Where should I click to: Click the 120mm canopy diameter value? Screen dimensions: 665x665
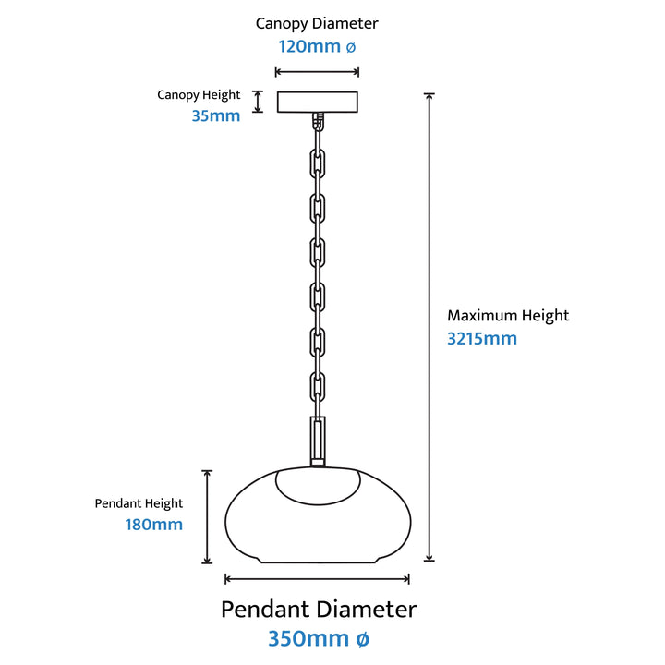(317, 47)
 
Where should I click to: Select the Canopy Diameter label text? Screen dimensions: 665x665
(317, 24)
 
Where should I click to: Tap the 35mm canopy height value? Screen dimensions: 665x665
(216, 115)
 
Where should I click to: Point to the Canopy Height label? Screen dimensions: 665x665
(199, 94)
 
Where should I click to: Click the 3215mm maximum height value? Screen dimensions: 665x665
(482, 338)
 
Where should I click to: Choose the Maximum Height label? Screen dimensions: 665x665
(508, 316)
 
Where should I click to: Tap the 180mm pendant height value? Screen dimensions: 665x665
(154, 525)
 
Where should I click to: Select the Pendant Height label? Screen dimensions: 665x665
(139, 503)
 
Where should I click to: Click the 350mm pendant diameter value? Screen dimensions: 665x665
(319, 638)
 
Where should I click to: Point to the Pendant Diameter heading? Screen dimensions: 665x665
(319, 610)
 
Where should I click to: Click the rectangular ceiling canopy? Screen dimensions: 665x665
(317, 102)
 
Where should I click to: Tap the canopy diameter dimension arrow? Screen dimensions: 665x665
(317, 72)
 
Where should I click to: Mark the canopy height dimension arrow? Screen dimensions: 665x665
(258, 102)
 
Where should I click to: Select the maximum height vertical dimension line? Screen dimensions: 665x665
(429, 327)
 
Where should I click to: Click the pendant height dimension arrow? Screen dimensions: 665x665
(207, 517)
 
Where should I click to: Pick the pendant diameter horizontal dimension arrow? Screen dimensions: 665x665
(317, 578)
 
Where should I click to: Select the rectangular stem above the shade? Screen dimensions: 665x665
(318, 441)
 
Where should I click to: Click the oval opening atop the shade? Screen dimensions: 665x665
(318, 500)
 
